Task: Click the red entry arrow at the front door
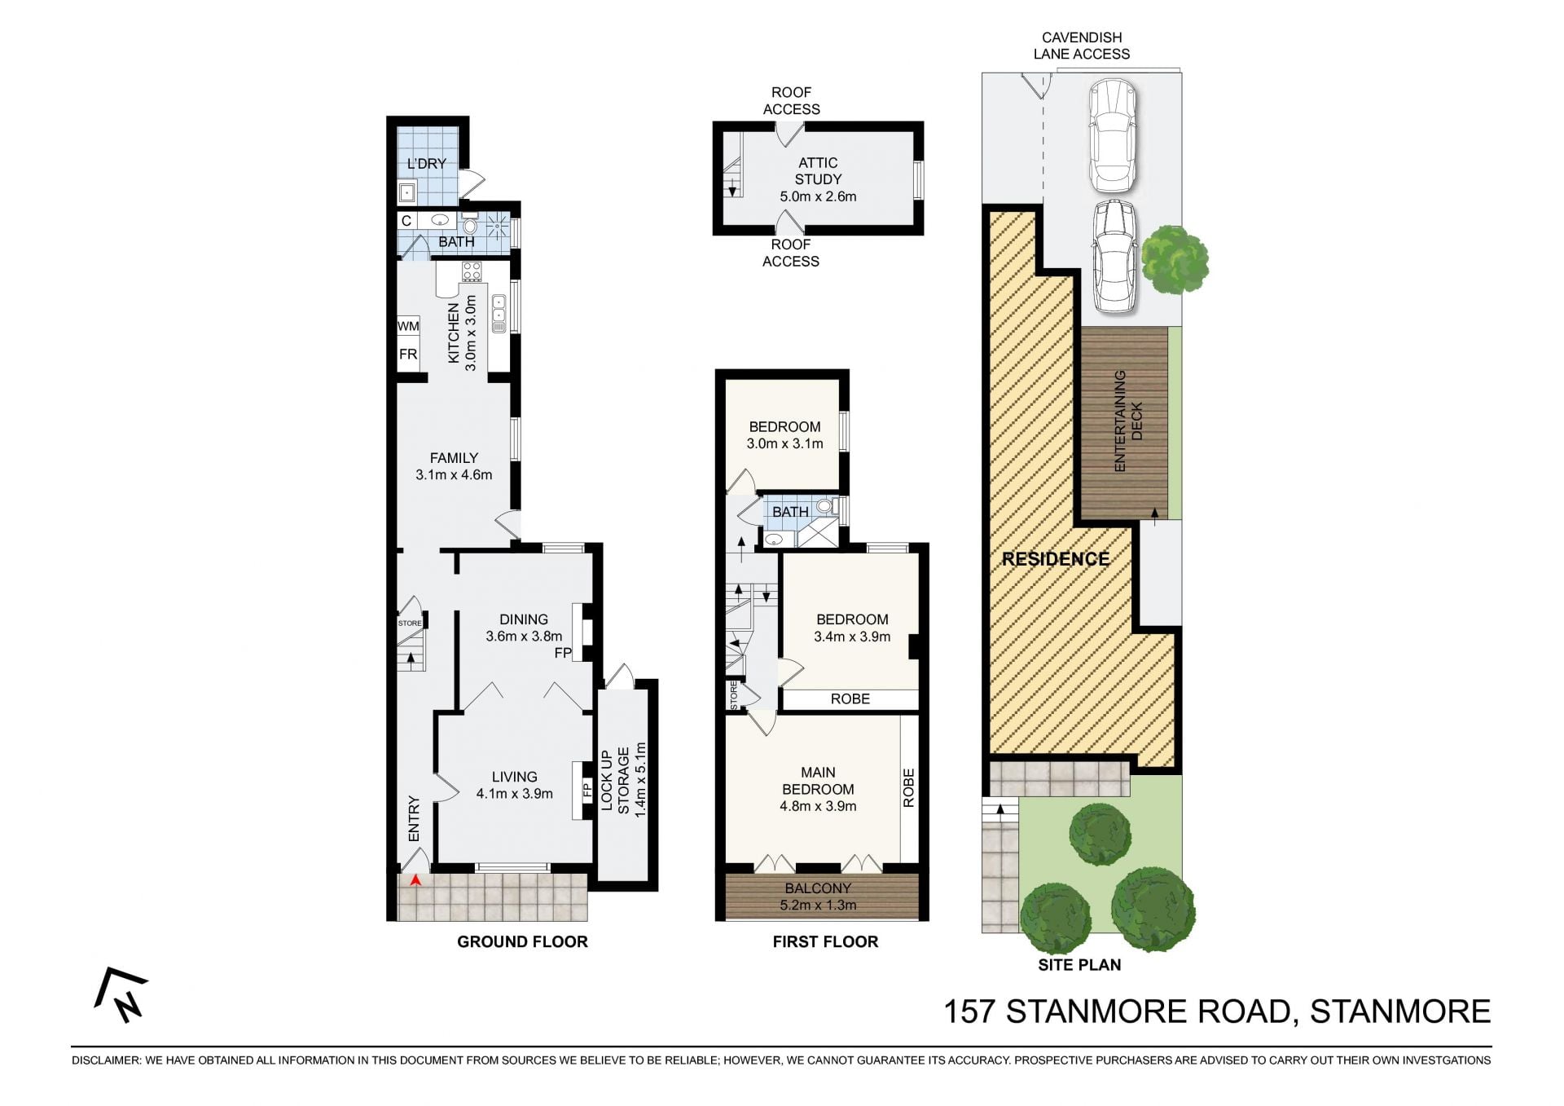[415, 880]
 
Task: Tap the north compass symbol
[121, 995]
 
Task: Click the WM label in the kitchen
[408, 326]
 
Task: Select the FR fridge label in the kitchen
[408, 355]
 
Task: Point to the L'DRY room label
[427, 164]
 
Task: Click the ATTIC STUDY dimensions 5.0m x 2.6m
[818, 196]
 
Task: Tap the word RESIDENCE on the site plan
[1056, 559]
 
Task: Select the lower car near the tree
[1114, 257]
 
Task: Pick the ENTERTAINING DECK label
[1129, 421]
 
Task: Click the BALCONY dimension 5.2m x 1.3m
[818, 905]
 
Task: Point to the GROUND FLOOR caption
[522, 942]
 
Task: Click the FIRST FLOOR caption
[825, 942]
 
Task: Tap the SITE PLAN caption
[1079, 965]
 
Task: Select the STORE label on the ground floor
[410, 624]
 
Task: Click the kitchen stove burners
[472, 271]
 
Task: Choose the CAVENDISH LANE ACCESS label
[1082, 46]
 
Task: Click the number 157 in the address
[969, 1011]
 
